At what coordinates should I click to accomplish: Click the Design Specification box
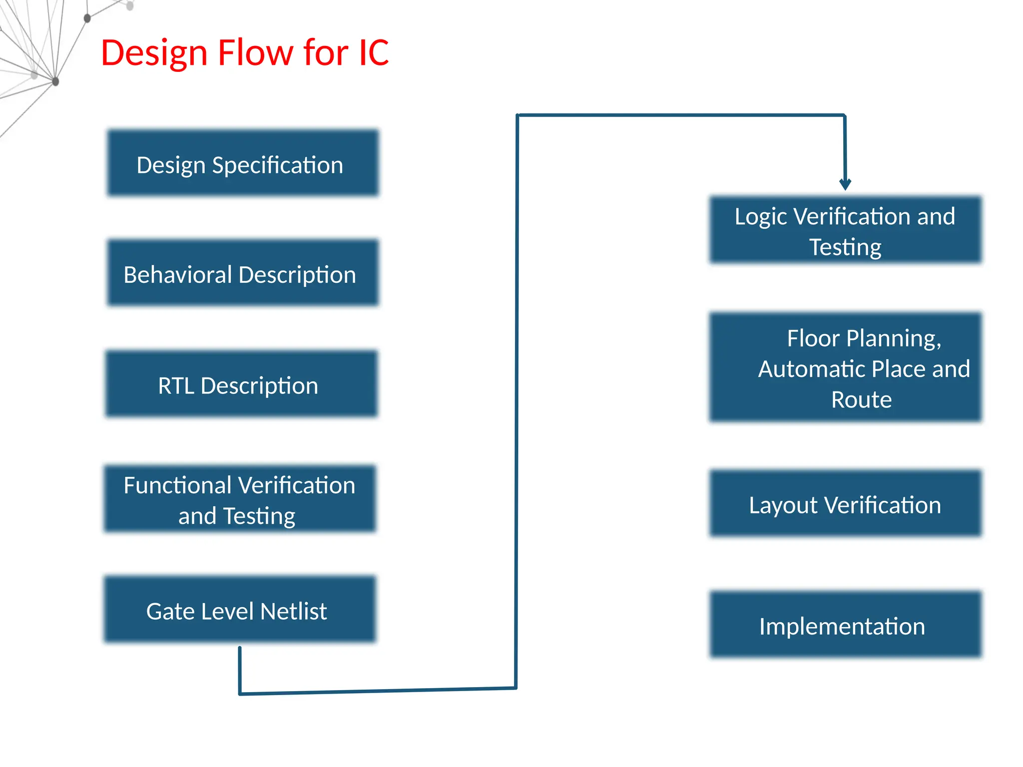pos(243,163)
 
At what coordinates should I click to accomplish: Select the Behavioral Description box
pos(243,273)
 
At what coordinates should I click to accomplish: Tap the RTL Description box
pos(241,383)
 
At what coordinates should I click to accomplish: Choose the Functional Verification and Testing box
pos(240,499)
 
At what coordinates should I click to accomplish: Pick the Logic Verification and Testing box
pos(845,230)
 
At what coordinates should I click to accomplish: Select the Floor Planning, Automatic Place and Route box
pos(845,368)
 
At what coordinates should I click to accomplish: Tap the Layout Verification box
pos(845,503)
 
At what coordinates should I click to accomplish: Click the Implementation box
pos(845,624)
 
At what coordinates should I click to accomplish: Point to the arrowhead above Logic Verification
pos(845,184)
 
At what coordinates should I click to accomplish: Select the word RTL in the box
pos(176,385)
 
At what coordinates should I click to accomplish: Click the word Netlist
pos(293,611)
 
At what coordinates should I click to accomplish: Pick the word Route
pos(861,399)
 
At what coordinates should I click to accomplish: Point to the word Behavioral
pos(177,275)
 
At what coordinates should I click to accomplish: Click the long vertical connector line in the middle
pos(516,399)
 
